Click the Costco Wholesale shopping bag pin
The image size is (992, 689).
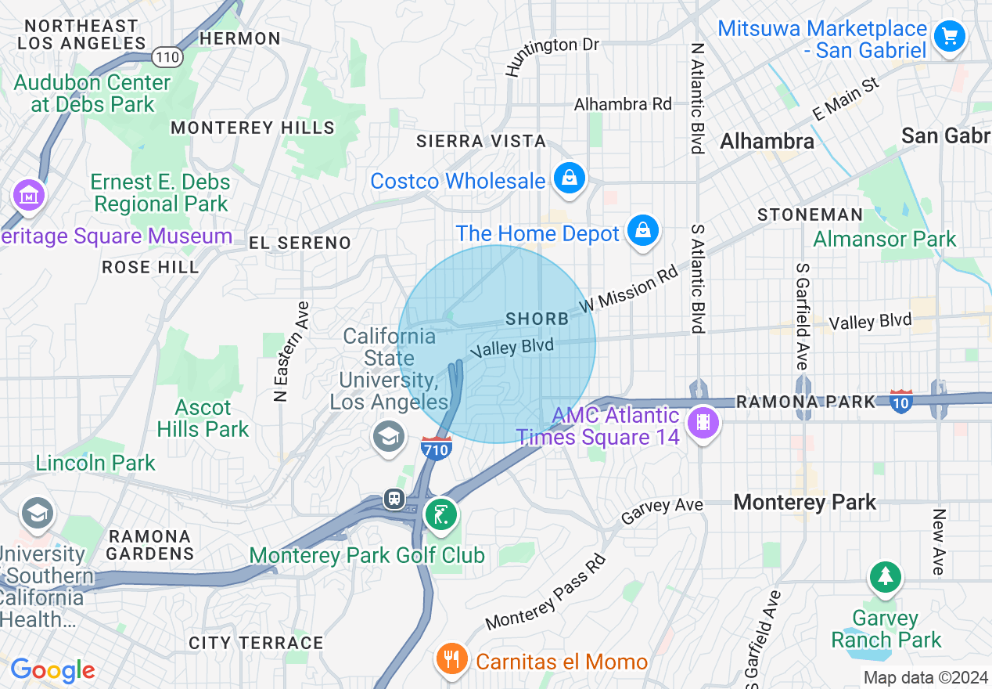point(570,178)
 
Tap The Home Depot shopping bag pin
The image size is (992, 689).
point(642,231)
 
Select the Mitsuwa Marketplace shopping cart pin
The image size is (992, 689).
point(950,36)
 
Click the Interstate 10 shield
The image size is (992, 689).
point(901,401)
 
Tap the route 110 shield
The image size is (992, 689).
point(168,56)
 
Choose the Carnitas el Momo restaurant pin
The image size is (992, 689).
point(451,659)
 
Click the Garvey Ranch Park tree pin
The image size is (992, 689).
point(885,578)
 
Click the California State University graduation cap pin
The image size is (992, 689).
point(388,436)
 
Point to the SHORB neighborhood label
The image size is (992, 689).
point(537,319)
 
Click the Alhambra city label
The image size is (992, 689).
point(767,142)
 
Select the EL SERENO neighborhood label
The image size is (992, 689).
point(300,243)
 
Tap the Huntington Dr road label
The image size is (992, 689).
point(552,55)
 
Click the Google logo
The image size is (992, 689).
point(52,670)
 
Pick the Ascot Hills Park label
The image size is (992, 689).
point(203,418)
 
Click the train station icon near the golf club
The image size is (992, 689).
point(394,499)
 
